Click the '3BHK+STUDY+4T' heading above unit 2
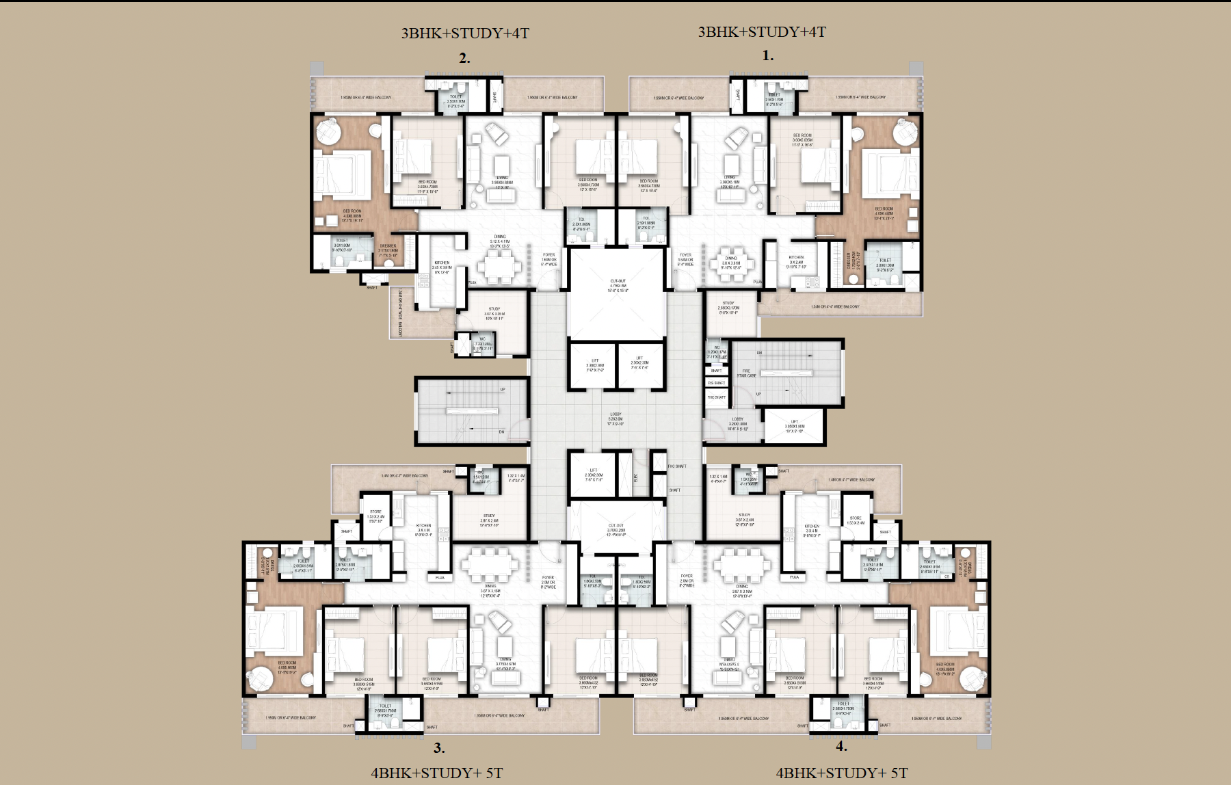click(465, 33)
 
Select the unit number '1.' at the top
click(767, 55)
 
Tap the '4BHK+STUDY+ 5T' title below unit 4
click(842, 773)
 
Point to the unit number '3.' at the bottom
click(439, 748)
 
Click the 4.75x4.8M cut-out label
click(618, 285)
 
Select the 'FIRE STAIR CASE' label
click(746, 373)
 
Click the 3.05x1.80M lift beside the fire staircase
click(795, 426)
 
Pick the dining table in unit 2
click(499, 263)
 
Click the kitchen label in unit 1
click(796, 261)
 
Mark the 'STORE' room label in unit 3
click(376, 514)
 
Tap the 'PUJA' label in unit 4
click(794, 577)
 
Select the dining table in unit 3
click(490, 565)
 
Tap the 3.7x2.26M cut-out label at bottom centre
click(616, 529)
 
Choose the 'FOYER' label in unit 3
click(548, 581)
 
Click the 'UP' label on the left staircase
click(503, 390)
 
